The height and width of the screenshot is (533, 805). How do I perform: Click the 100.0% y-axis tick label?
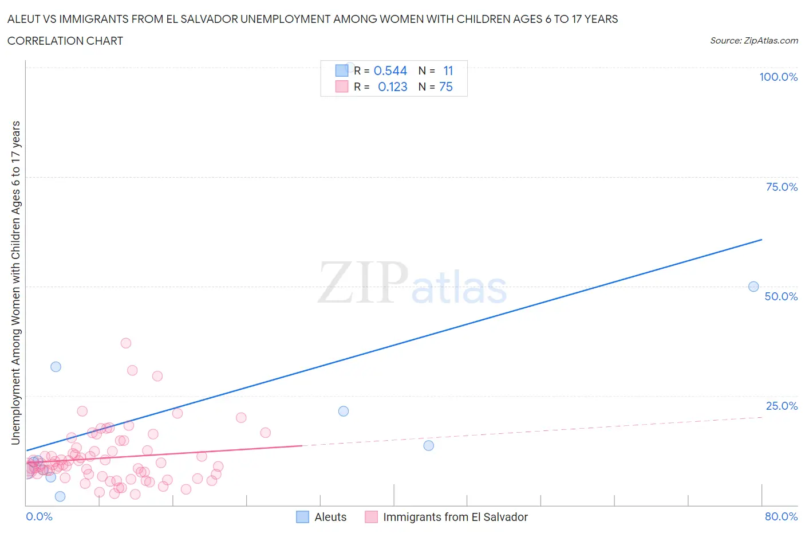(x=778, y=77)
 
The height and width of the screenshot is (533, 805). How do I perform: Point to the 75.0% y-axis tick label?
(x=782, y=187)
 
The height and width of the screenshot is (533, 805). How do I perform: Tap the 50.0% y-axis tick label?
(x=781, y=296)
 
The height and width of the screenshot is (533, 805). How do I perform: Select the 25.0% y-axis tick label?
(x=782, y=406)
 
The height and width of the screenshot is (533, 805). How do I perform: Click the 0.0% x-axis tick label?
(x=39, y=516)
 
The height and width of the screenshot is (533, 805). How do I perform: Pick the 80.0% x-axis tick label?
(x=781, y=516)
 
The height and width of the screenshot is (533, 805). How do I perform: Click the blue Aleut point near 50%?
(x=753, y=287)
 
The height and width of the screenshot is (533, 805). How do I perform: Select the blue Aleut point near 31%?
(x=56, y=367)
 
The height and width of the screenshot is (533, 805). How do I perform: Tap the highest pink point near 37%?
(x=126, y=343)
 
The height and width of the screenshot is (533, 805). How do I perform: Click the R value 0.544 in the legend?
(x=390, y=70)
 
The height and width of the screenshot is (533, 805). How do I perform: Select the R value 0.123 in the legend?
(x=392, y=87)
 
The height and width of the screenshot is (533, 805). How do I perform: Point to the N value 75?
(x=445, y=87)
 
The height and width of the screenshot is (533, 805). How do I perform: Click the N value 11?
(x=448, y=70)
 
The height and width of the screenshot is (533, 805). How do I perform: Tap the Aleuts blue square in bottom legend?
(x=302, y=517)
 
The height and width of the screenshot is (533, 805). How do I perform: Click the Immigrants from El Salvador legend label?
(x=455, y=517)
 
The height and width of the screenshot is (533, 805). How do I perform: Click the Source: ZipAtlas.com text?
(x=753, y=41)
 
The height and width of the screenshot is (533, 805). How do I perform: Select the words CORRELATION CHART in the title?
(x=65, y=41)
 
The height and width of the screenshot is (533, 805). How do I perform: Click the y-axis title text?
(x=15, y=283)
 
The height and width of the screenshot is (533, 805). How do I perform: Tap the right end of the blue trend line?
(x=761, y=240)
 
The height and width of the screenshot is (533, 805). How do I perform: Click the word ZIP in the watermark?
(x=362, y=283)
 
